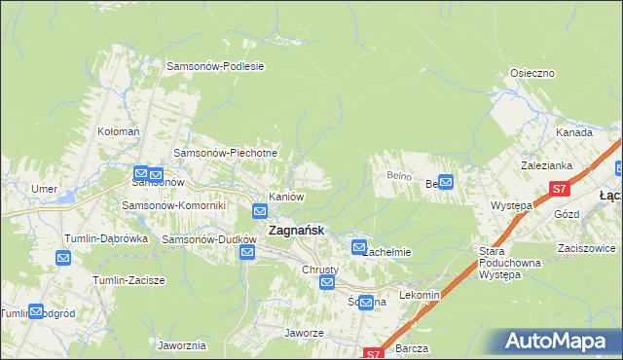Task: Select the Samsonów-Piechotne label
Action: tap(225, 153)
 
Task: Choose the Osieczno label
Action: tap(532, 73)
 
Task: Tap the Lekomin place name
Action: tap(421, 295)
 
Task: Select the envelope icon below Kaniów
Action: tap(261, 211)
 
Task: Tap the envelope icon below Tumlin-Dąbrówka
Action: tap(63, 258)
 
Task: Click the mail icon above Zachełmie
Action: tap(359, 247)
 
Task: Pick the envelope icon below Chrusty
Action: tap(328, 283)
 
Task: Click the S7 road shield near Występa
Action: tap(558, 189)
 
